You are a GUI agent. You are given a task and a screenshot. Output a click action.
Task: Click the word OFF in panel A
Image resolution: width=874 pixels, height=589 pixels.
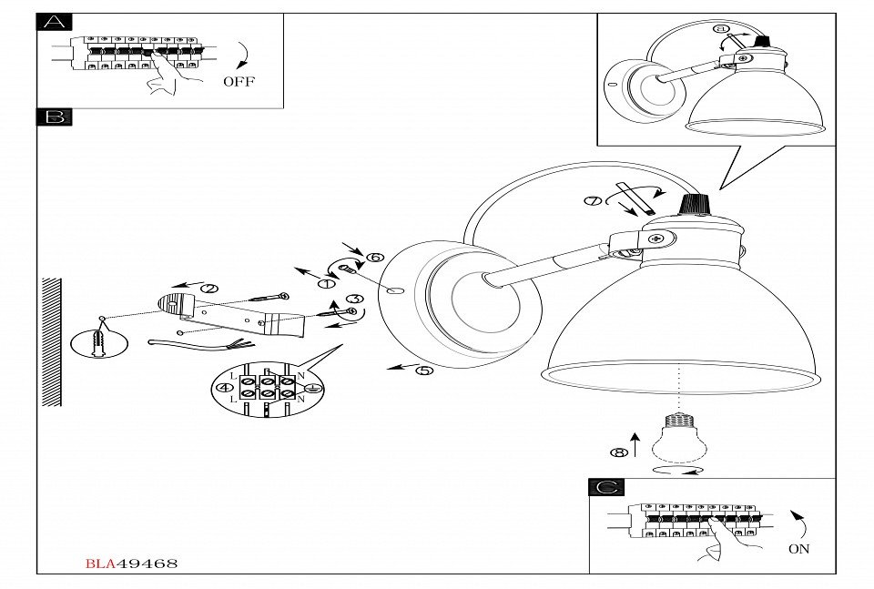239,81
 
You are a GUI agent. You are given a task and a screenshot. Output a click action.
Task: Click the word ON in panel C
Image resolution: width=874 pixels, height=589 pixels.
798,549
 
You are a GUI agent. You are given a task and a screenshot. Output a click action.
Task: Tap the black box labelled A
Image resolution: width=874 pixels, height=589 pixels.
54,22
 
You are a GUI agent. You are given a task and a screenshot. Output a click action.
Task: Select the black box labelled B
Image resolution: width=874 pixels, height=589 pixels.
54,117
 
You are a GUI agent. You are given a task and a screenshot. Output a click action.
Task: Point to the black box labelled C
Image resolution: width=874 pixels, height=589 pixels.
606,488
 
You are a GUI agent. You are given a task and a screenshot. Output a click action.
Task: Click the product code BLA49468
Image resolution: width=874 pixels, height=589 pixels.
132,564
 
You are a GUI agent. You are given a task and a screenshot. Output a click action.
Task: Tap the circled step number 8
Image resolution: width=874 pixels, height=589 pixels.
619,452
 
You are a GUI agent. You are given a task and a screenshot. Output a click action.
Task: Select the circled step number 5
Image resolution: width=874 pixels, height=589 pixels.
424,371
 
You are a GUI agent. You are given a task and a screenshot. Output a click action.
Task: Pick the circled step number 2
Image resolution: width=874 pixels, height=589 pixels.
209,289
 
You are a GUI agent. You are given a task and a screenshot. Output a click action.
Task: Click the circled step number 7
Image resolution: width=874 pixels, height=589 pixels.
593,202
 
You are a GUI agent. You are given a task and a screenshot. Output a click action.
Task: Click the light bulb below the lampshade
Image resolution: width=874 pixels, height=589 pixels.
677,435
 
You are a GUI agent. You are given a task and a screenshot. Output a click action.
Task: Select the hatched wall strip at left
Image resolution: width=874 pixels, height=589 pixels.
52,341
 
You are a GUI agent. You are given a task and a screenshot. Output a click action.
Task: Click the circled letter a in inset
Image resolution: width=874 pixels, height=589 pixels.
722,29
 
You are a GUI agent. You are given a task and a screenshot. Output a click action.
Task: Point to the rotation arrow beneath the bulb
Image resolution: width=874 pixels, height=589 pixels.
678,470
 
